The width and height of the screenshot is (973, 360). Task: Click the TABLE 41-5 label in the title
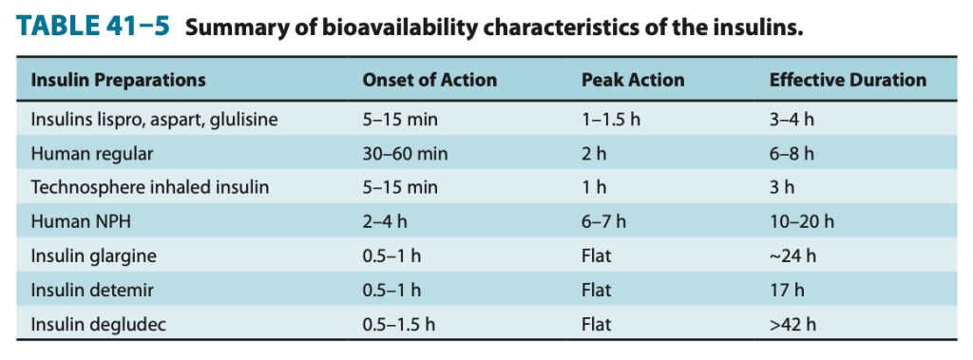(93, 26)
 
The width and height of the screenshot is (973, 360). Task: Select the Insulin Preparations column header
(118, 80)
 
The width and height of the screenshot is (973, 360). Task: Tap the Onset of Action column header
(429, 80)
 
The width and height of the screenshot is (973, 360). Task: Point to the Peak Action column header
(632, 80)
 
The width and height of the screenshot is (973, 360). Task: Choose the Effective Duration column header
(848, 80)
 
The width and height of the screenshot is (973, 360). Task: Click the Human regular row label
(91, 153)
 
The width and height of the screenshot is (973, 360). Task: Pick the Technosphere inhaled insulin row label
(149, 187)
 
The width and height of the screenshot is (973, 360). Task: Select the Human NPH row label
(81, 221)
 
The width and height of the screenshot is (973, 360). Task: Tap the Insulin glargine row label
(93, 256)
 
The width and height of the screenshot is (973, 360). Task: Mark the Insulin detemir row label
(92, 290)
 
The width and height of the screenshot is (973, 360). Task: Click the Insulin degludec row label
(98, 324)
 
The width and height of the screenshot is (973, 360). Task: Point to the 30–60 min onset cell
(405, 153)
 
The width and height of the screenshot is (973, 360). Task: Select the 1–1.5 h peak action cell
(610, 119)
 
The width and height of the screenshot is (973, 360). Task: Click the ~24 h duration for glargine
(792, 256)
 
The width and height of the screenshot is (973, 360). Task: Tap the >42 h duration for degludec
(792, 324)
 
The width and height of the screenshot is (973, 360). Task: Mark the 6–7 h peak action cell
(603, 221)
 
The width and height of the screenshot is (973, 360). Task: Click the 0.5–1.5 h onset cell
(398, 324)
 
